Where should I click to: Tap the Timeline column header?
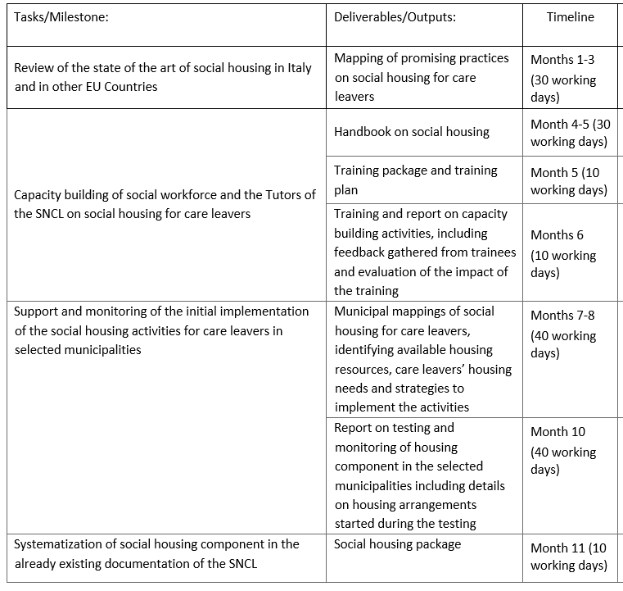(570, 16)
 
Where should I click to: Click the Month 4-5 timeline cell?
(570, 132)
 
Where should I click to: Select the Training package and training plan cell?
(416, 180)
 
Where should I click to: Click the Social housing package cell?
(398, 543)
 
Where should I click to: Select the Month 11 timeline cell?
(569, 556)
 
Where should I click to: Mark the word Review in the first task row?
(34, 68)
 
